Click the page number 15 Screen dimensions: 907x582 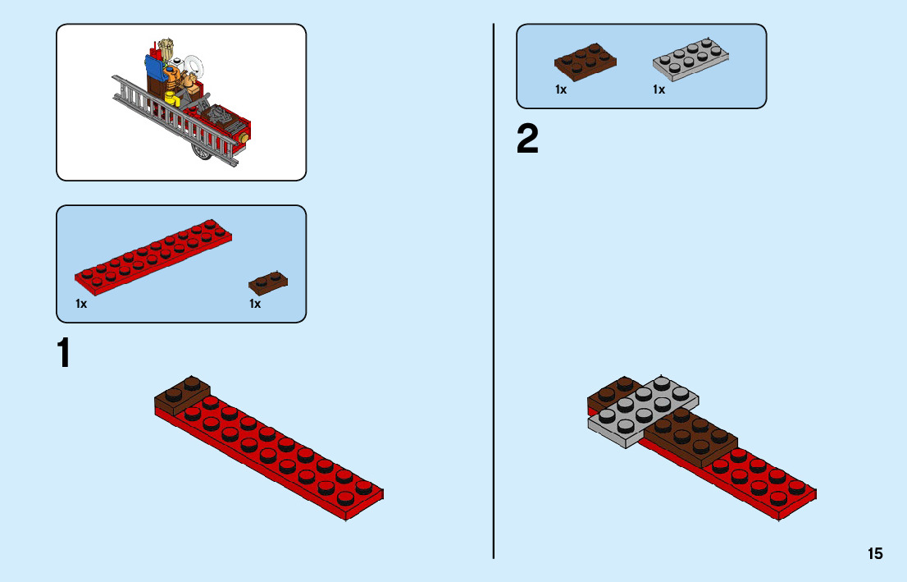click(x=875, y=554)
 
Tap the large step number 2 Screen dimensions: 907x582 click(x=527, y=140)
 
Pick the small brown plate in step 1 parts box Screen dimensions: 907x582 click(x=268, y=282)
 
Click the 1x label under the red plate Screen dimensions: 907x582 click(x=81, y=304)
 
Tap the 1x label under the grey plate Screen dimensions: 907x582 click(x=659, y=89)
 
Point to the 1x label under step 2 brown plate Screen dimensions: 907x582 click(x=561, y=89)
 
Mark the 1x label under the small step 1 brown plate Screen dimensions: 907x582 click(x=255, y=304)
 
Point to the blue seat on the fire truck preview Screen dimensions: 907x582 click(x=154, y=67)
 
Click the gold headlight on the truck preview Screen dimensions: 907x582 click(x=244, y=138)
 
